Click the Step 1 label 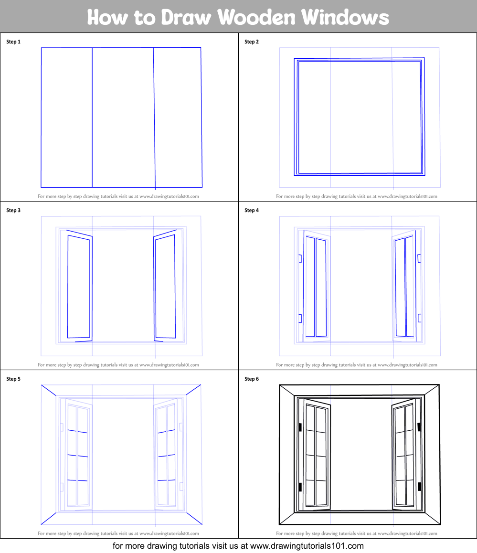(x=13, y=42)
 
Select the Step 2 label (x=252, y=42)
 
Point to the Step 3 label (x=13, y=210)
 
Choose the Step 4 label (x=252, y=210)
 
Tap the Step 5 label (x=13, y=379)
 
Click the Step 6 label (x=252, y=379)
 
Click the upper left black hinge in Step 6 (x=300, y=427)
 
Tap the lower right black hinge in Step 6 (x=419, y=487)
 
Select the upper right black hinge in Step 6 (x=419, y=427)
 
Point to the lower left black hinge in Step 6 (x=300, y=487)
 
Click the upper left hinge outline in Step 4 (x=300, y=258)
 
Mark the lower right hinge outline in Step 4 (x=420, y=318)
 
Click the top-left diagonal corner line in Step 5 (x=49, y=391)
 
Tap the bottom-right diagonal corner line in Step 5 (x=194, y=518)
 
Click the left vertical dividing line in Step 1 (x=92, y=117)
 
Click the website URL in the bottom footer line (x=307, y=546)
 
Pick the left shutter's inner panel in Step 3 (x=79, y=287)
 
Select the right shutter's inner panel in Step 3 (x=165, y=287)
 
